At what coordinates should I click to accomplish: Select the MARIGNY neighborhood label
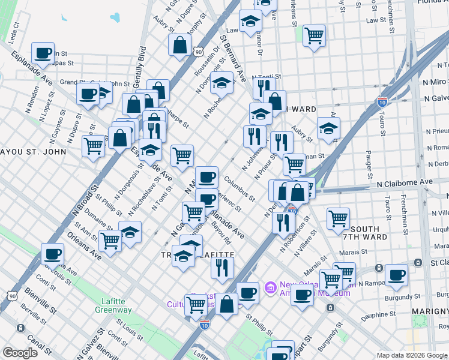pos(430,311)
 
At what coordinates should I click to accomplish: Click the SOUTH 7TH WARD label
pos(365,234)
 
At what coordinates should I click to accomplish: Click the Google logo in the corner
pos(20,353)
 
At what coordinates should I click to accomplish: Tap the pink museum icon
pos(271,289)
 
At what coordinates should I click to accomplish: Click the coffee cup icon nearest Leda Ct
pos(43,53)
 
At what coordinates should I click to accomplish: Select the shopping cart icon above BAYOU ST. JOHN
pos(94,145)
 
